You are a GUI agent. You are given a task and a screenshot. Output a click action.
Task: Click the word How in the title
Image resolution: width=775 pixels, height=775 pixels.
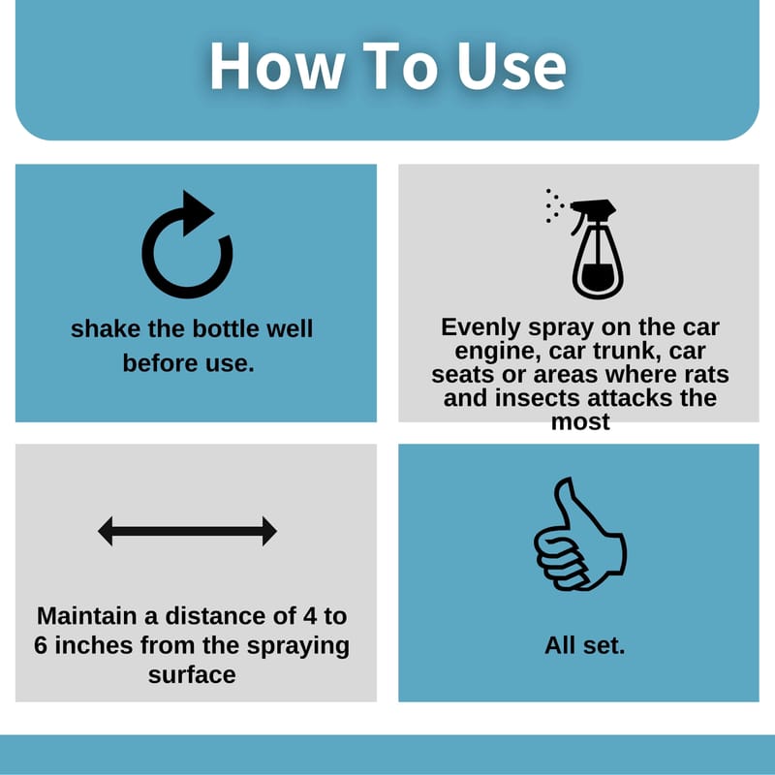[277, 66]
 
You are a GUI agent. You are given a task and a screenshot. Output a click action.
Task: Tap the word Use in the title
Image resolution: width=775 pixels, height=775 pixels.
[511, 66]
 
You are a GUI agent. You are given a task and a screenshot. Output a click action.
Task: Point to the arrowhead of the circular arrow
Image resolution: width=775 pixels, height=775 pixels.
[198, 213]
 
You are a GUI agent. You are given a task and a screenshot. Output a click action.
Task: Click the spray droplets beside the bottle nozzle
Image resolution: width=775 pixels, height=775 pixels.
[554, 205]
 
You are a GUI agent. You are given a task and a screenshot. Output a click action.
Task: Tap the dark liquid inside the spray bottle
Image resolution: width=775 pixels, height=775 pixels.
[598, 277]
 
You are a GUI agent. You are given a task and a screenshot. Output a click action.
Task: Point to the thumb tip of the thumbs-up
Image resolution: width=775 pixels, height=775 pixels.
[565, 481]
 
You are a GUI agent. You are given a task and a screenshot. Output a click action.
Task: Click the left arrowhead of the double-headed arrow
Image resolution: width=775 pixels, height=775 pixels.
[106, 531]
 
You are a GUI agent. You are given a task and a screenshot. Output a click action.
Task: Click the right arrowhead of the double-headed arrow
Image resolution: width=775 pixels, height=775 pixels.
[269, 531]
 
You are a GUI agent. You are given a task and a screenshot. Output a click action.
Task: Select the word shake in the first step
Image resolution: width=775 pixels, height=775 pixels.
[106, 328]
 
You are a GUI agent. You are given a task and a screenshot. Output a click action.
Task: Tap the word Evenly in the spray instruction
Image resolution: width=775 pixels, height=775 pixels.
[481, 327]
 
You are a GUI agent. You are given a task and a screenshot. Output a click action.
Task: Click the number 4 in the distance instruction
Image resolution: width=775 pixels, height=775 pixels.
[309, 616]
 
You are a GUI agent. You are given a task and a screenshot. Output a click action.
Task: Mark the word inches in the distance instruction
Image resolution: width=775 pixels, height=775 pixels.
[93, 645]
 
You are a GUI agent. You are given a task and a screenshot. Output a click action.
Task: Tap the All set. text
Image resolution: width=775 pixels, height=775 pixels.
[585, 645]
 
